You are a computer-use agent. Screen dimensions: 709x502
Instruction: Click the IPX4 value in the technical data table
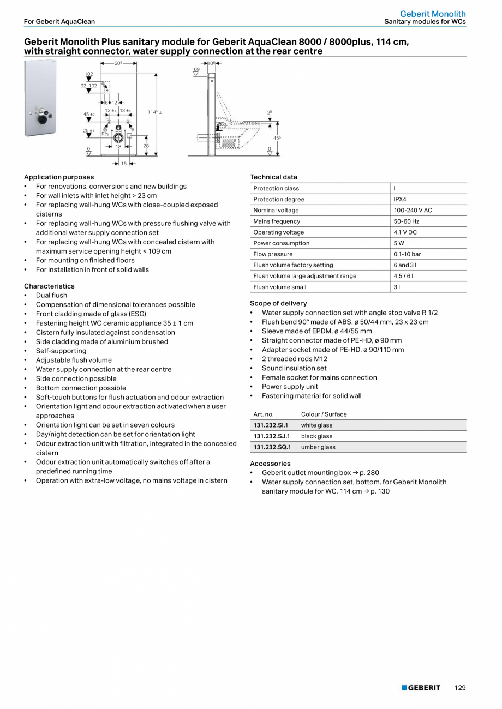pyautogui.click(x=400, y=200)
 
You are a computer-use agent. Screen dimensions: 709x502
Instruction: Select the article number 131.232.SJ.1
pyautogui.click(x=271, y=436)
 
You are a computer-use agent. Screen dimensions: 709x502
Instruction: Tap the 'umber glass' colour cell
pyautogui.click(x=318, y=447)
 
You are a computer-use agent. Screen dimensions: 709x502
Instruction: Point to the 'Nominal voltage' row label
pyautogui.click(x=276, y=211)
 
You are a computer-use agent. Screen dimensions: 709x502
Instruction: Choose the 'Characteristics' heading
pyautogui.click(x=49, y=286)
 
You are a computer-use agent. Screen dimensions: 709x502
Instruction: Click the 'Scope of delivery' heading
pyautogui.click(x=278, y=303)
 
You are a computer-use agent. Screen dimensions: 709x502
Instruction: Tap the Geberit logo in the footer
pyautogui.click(x=421, y=688)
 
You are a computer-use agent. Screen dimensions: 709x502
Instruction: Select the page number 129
pyautogui.click(x=460, y=688)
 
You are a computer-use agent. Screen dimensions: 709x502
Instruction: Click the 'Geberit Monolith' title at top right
pyautogui.click(x=433, y=14)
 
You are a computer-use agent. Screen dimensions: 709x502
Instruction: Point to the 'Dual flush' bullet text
pyautogui.click(x=52, y=296)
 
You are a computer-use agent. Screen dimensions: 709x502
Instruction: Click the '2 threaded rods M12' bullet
pyautogui.click(x=294, y=359)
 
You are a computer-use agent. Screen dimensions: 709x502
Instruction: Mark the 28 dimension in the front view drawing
pyautogui.click(x=146, y=146)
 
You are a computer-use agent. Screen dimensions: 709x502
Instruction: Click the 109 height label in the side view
pyautogui.click(x=195, y=69)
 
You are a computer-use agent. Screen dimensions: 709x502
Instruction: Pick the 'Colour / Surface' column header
pyautogui.click(x=324, y=414)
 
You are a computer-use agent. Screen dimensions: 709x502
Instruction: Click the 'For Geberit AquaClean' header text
pyautogui.click(x=59, y=22)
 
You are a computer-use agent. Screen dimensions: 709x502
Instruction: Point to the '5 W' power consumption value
pyautogui.click(x=399, y=243)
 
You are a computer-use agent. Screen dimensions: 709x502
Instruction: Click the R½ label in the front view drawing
pyautogui.click(x=105, y=133)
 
